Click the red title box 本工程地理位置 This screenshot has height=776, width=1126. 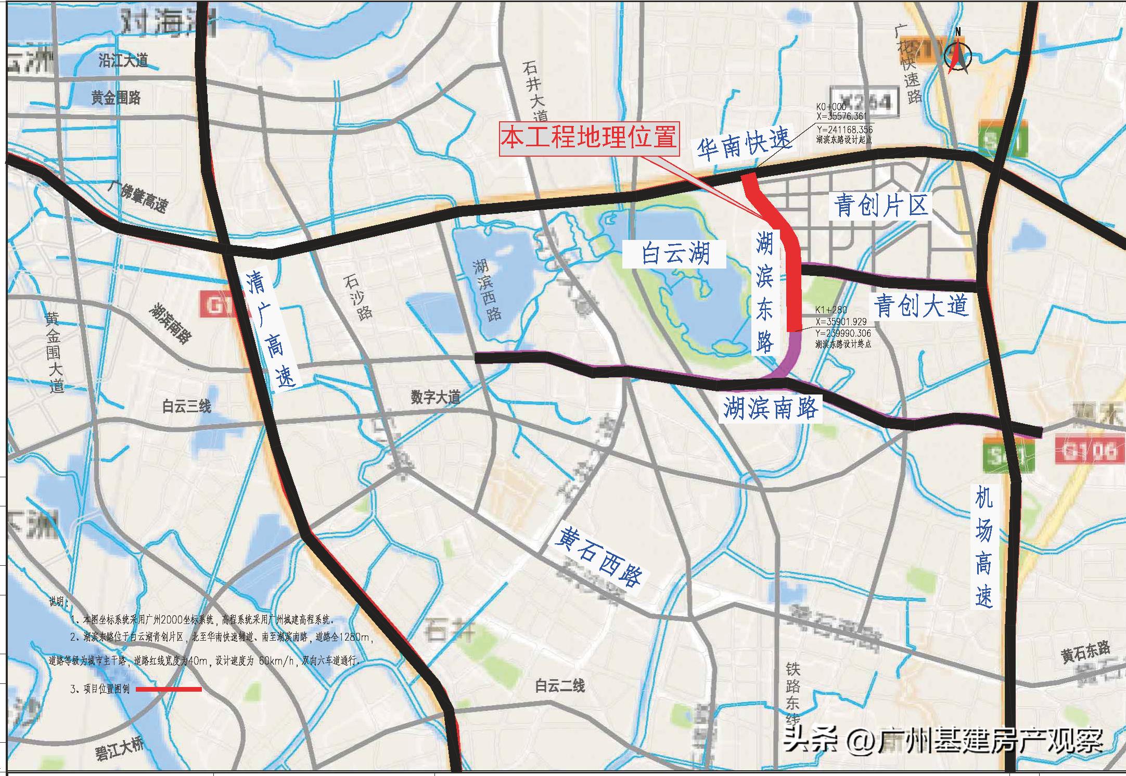click(x=589, y=138)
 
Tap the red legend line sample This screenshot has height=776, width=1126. click(x=169, y=689)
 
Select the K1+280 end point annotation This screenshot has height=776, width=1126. click(x=843, y=327)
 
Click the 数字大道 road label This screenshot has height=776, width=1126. click(x=435, y=398)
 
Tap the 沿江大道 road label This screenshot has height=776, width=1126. click(x=123, y=60)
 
